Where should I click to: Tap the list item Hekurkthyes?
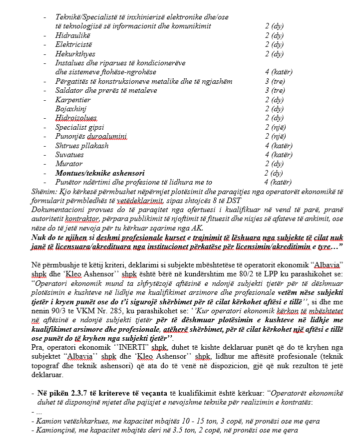75,54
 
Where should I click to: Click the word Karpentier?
73,100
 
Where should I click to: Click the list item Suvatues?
70,155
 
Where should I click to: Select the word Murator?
69,164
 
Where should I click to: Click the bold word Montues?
71,173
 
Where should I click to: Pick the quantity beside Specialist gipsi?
274,127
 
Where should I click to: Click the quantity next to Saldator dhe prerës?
275,90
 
